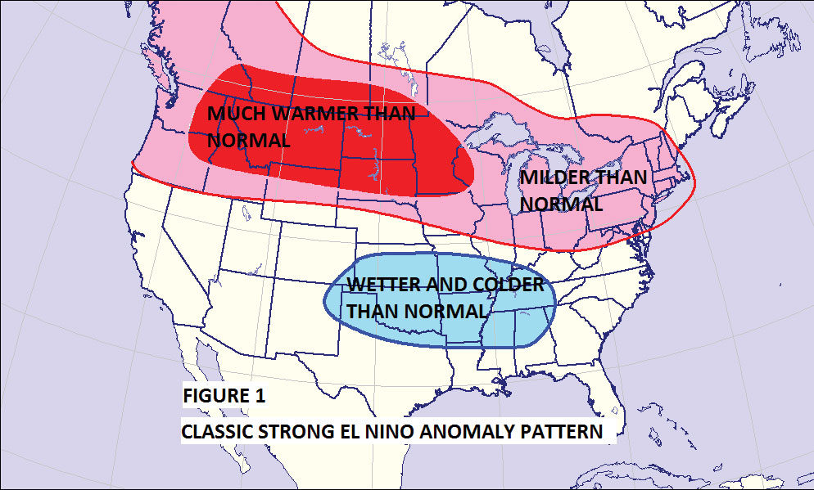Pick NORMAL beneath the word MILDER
[562, 204]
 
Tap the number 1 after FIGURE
[260, 396]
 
